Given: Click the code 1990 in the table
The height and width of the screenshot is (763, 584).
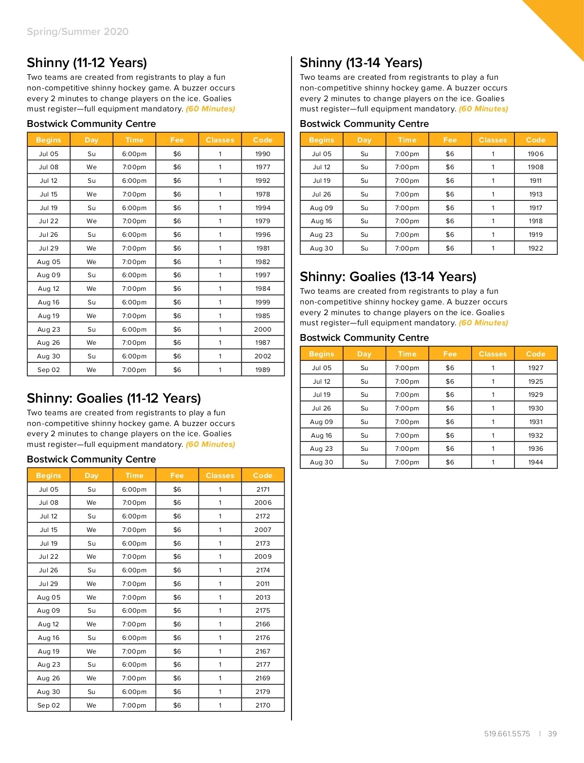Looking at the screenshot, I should point(263,154).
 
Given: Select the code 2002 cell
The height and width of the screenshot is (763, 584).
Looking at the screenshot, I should point(263,356).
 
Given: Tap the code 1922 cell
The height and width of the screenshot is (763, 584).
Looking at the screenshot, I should point(535,248).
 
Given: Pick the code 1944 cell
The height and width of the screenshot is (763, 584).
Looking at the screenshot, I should point(535,462).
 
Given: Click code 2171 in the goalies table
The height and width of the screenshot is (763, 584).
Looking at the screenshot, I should point(263,489).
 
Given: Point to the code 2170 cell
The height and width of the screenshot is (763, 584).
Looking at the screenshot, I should point(263,705).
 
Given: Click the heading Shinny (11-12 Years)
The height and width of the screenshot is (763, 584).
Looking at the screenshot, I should point(87,63).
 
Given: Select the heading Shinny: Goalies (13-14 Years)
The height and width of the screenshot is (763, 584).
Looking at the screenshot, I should point(388,277).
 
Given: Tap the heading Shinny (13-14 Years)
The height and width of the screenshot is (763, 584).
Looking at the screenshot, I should point(361,63).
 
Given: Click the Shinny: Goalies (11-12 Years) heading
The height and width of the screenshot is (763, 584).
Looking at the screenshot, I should point(114,398).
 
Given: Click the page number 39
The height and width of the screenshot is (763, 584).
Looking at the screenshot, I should point(552,734).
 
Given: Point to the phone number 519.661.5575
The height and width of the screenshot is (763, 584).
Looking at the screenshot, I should point(507,734).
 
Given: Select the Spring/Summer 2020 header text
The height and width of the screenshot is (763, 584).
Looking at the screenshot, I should point(77,32).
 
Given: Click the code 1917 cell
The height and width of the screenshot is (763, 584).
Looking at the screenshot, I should point(535,208).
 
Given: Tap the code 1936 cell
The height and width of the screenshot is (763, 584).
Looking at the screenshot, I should point(535,448).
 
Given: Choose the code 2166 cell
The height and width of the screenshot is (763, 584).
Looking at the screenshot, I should point(263,624).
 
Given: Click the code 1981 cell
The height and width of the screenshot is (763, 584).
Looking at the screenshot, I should point(263,248).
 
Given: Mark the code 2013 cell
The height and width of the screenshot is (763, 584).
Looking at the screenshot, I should point(263,597).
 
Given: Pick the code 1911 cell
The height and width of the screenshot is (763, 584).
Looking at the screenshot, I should point(535,180).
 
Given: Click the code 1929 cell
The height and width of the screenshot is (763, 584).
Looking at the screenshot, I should point(535,394).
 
